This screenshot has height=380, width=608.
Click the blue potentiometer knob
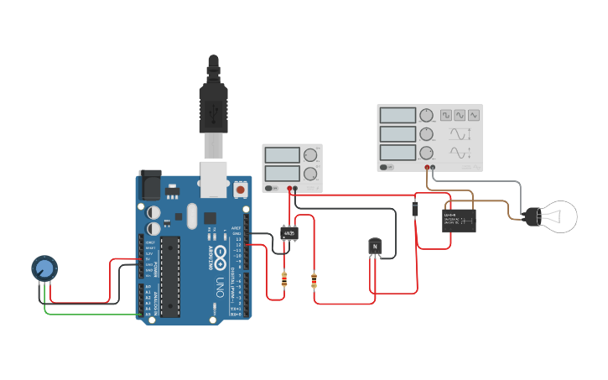[x=44, y=268]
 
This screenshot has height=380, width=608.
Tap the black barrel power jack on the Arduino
[x=150, y=185]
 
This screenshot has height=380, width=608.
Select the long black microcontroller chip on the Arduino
[x=170, y=276]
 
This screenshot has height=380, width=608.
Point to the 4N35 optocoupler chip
[x=289, y=232]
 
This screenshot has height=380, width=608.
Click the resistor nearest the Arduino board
[x=284, y=279]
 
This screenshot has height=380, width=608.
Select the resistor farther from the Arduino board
[x=314, y=278]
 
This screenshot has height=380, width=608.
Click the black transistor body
[x=375, y=246]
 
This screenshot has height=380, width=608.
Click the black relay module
[x=459, y=220]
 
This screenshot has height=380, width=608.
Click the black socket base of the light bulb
[x=531, y=216]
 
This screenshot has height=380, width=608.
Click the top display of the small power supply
[x=282, y=154]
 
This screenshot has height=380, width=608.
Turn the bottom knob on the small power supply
[x=311, y=174]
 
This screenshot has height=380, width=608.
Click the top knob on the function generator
[x=427, y=115]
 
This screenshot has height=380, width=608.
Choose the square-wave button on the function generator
[x=446, y=115]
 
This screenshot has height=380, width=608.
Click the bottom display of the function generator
[x=398, y=153]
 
